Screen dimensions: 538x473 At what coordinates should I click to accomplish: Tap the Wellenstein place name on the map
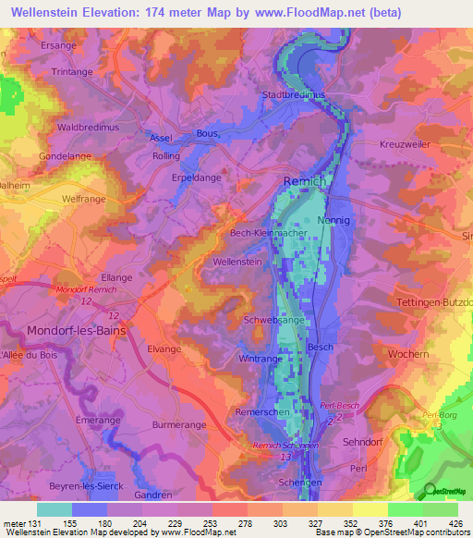pos(238,263)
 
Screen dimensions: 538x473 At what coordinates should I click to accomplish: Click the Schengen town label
pos(300,483)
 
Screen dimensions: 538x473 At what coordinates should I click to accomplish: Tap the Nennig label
pos(334,221)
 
